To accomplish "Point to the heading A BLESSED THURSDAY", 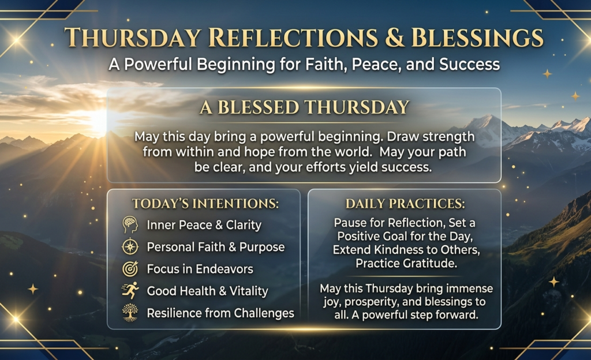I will pos(304,107).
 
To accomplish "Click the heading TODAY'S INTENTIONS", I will pos(205,204).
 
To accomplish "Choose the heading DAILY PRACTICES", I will pos(405,204).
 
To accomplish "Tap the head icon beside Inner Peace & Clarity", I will pos(130,225).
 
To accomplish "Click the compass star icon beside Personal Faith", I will pos(130,247).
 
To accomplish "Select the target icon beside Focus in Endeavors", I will pos(130,269).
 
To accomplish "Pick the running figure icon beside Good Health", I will pos(130,291).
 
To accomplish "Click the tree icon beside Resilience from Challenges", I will pos(130,313).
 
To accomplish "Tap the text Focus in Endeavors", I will pos(200,269).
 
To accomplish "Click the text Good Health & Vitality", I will pos(207,291).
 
